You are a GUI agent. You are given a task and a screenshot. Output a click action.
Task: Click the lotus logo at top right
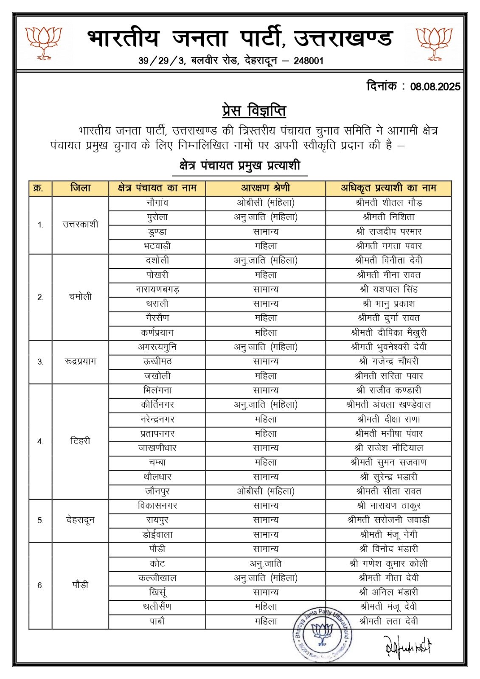[x=434, y=42]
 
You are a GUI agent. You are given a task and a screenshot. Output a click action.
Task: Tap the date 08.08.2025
[x=435, y=87]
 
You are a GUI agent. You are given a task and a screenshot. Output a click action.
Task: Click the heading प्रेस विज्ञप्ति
[x=254, y=111]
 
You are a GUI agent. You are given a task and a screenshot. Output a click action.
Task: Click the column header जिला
[x=80, y=188]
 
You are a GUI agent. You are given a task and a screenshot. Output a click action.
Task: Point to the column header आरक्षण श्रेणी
[x=266, y=188]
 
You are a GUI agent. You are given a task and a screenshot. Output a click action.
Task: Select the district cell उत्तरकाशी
[x=80, y=224]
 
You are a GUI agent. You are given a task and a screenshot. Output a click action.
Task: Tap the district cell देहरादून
[x=80, y=520]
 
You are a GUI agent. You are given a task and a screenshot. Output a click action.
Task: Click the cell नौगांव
[x=157, y=203]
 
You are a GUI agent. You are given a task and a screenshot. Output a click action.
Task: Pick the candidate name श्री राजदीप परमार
[x=389, y=232]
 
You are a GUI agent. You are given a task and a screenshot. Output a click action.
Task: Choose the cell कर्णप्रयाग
[x=157, y=333]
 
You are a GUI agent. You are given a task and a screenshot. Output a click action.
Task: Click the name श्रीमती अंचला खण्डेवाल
[x=389, y=405]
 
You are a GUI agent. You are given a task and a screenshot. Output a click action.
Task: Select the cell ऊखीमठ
[x=157, y=362]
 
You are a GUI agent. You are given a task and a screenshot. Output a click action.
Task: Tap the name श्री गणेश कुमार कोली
[x=389, y=564]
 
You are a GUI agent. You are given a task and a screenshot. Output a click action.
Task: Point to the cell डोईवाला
[x=157, y=535]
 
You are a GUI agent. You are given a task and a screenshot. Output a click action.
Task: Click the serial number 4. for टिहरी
[x=40, y=441]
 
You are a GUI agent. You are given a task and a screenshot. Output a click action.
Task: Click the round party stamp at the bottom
[x=322, y=634]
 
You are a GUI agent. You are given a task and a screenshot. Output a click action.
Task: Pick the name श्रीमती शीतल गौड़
[x=389, y=203]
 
